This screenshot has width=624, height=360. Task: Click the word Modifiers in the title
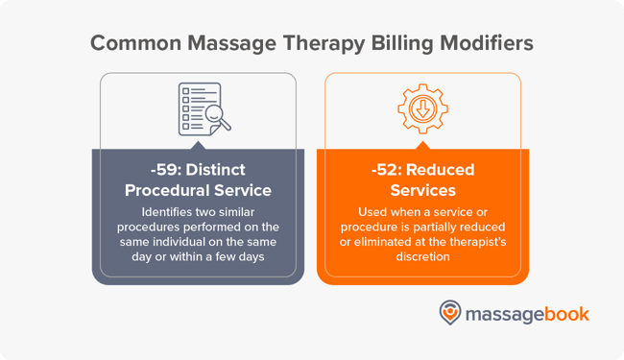pos(480,43)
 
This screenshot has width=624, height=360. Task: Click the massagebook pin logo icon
pos(450,313)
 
